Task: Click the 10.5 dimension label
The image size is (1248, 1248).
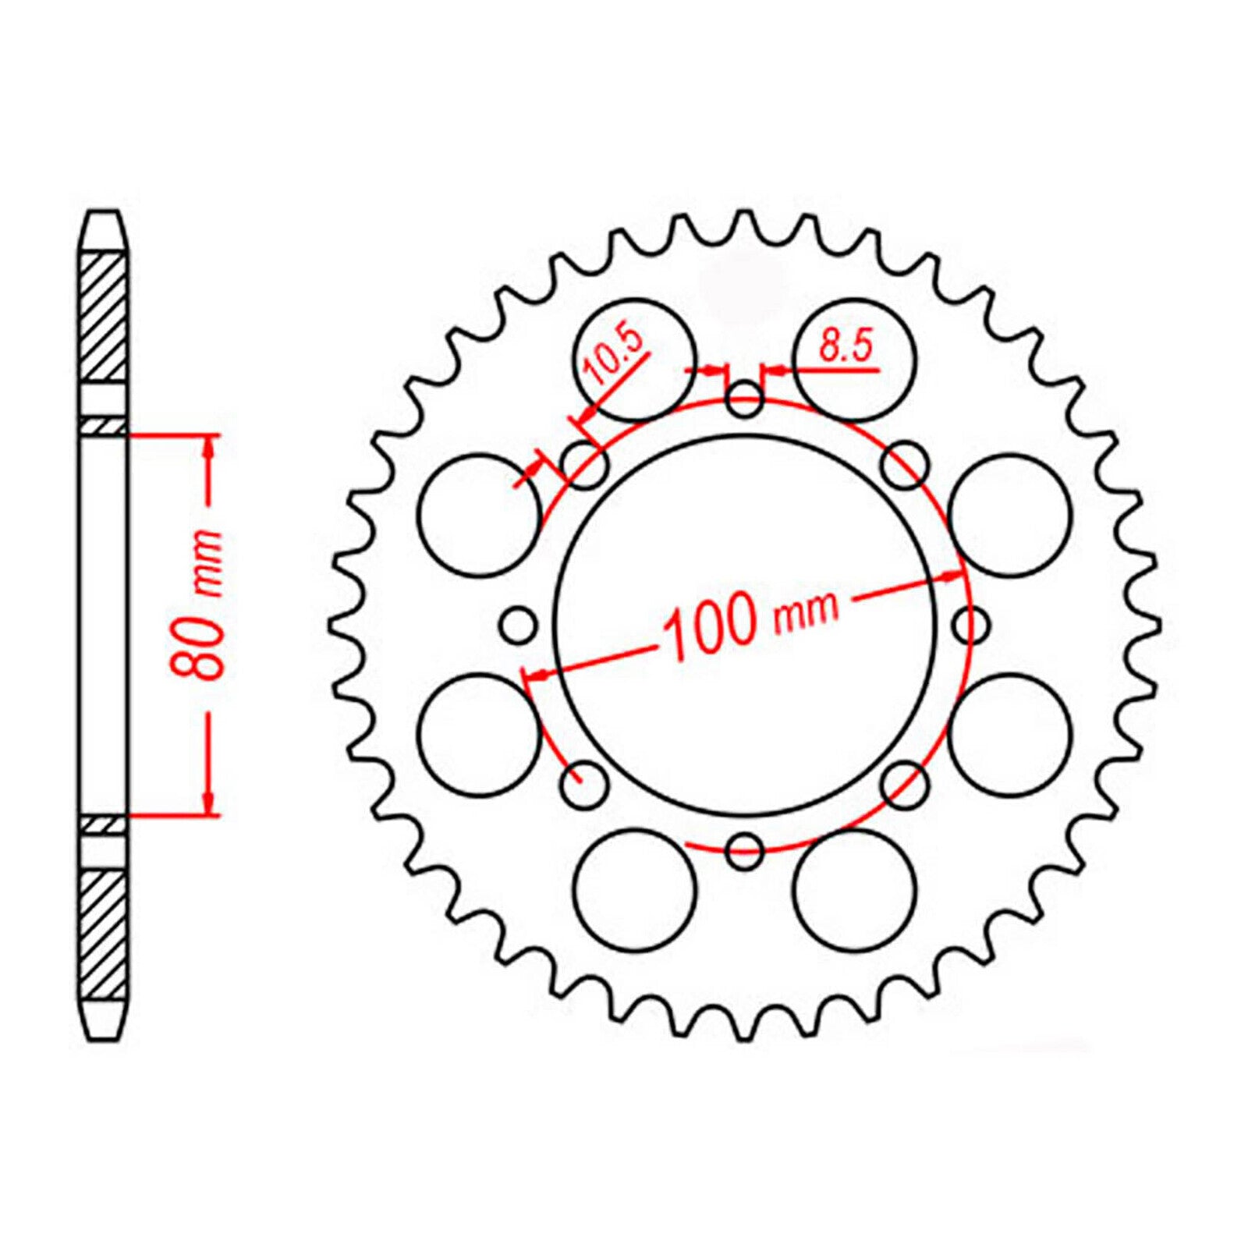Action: (x=614, y=357)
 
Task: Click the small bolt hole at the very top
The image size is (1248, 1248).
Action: (x=744, y=400)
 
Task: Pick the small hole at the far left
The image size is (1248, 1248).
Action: (x=519, y=624)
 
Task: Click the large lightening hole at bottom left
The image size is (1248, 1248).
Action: (x=633, y=892)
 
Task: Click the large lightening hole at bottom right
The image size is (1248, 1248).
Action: (x=854, y=892)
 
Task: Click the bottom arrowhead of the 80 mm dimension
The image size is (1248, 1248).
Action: (x=208, y=803)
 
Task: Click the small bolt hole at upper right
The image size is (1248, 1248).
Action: (x=906, y=466)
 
